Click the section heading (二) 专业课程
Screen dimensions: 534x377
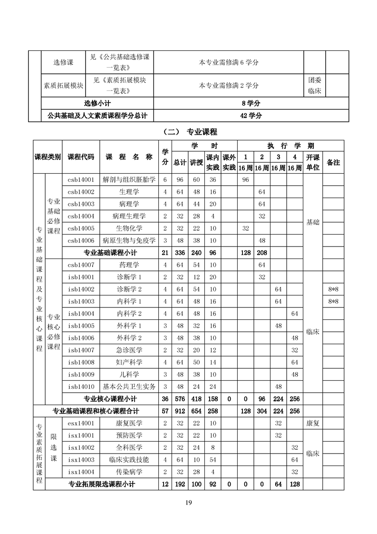coord(189,132)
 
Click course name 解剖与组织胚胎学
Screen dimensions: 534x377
coord(129,180)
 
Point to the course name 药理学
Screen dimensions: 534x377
coord(129,265)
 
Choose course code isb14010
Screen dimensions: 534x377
coord(81,386)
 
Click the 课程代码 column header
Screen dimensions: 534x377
coord(81,157)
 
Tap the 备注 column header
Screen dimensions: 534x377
coord(333,162)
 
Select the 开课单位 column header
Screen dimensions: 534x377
coord(312,162)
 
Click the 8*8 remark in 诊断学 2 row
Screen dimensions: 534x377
coord(333,289)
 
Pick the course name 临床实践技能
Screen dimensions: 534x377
coord(129,460)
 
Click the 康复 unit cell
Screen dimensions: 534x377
coord(312,423)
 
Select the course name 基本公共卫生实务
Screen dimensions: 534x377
coord(129,386)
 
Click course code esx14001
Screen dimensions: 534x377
coord(81,423)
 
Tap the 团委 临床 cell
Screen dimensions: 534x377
coord(314,86)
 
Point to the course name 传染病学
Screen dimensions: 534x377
coord(129,472)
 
